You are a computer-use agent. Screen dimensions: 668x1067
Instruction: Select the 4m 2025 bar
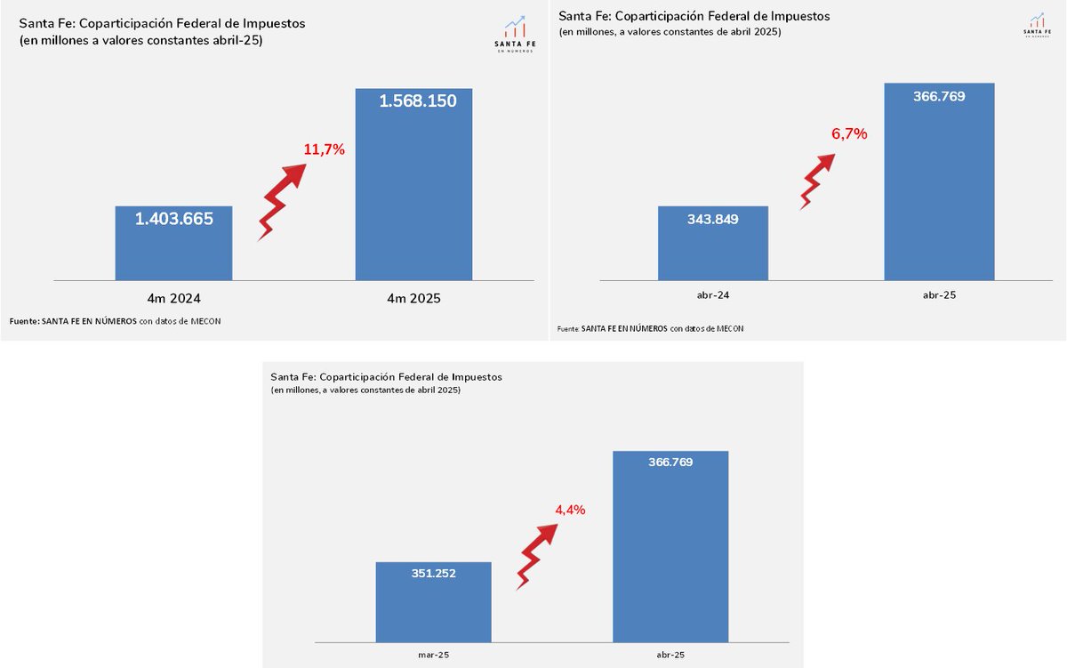pos(413,196)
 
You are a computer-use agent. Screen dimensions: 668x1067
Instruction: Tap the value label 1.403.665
pos(174,218)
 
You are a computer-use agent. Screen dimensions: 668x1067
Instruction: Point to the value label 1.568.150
pos(418,101)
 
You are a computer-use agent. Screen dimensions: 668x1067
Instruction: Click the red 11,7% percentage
pos(324,149)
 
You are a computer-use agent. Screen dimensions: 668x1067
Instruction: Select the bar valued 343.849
pos(712,254)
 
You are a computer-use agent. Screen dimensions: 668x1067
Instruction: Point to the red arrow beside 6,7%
pos(815,181)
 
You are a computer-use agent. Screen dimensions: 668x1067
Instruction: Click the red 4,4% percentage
pos(570,510)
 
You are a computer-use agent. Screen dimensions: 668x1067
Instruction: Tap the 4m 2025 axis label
pos(413,299)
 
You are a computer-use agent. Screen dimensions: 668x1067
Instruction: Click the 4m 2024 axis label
pos(173,299)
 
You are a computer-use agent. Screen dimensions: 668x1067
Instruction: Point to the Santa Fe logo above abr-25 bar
pos(1036,25)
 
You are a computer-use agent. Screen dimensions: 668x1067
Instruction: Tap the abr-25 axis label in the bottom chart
pos(670,655)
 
